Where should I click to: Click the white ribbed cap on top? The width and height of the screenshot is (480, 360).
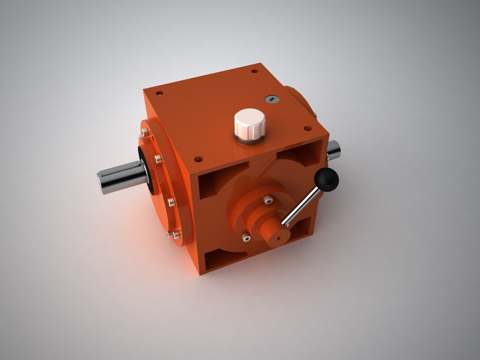pos(250,122)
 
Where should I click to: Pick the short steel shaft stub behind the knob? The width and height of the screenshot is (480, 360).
pos(334,150)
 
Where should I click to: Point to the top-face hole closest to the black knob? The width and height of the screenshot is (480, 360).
pos(308,128)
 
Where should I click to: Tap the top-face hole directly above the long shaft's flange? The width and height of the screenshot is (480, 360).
pos(159,94)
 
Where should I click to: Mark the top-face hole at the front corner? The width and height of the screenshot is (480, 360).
pos(198,159)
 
